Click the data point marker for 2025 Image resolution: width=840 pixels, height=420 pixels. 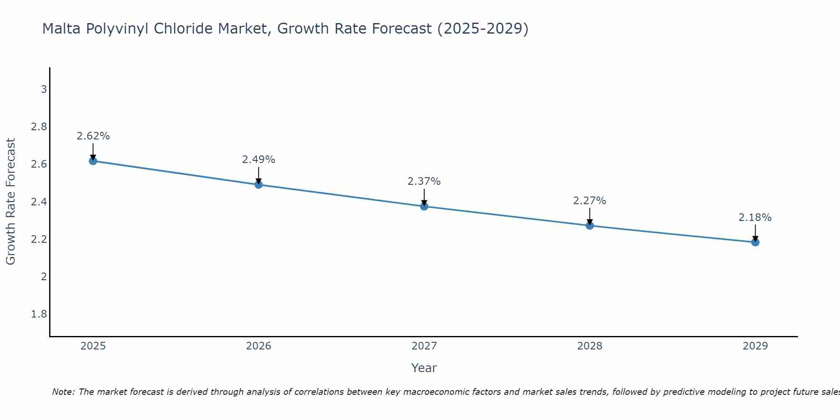(x=93, y=161)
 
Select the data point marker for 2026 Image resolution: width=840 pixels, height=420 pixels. (x=259, y=184)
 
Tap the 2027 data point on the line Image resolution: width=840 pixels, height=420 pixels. (x=424, y=206)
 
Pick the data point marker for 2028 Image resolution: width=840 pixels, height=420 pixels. (x=590, y=226)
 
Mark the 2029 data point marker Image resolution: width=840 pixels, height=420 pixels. (x=755, y=242)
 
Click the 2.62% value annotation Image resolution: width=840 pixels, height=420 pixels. (x=93, y=136)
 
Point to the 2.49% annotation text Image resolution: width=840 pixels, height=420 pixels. (x=259, y=160)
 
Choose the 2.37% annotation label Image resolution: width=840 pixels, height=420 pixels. (x=424, y=181)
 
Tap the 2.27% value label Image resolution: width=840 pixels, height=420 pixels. (x=590, y=201)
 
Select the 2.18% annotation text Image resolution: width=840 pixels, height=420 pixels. (x=755, y=218)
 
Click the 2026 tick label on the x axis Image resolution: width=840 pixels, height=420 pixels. (x=259, y=346)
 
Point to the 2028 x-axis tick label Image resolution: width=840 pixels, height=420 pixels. (x=590, y=346)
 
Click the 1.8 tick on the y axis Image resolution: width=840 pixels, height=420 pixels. (x=39, y=314)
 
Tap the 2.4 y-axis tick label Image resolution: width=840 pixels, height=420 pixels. (x=39, y=202)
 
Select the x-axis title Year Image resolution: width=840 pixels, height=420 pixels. (x=424, y=368)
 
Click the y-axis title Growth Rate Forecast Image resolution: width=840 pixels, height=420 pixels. (x=10, y=202)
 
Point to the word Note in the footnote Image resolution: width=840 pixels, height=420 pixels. (x=63, y=392)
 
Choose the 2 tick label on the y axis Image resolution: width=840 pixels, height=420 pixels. (x=44, y=276)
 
